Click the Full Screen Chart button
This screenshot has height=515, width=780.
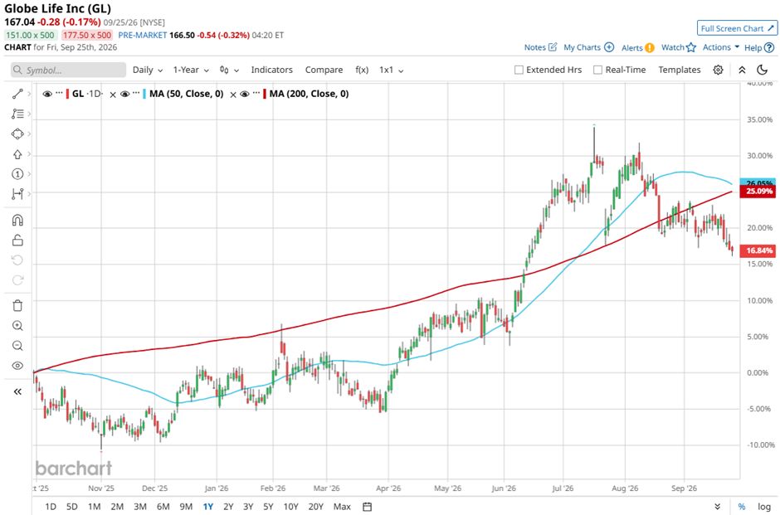coord(737,28)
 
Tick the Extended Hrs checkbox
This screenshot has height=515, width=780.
coord(519,70)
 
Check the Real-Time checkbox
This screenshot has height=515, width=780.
coord(598,70)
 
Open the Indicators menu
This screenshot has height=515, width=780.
coord(271,70)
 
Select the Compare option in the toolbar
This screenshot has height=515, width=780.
coord(324,70)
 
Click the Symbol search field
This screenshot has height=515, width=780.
coord(69,70)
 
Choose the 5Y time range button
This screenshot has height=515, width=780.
coord(268,507)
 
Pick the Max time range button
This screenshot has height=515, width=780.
coord(342,507)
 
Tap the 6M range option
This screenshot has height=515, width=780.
coord(163,507)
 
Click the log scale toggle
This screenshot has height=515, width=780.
coord(764,507)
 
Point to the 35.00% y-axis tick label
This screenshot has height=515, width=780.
coord(759,119)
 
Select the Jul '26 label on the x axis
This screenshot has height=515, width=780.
coord(563,488)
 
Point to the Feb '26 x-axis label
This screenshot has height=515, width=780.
coord(273,488)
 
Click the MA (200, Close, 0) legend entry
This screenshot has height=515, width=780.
coord(309,94)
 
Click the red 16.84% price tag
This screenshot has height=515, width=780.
coord(758,250)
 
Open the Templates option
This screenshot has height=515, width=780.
coord(680,70)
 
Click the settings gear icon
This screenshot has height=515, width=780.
coord(718,70)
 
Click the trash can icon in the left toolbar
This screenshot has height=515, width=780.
coord(17,306)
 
